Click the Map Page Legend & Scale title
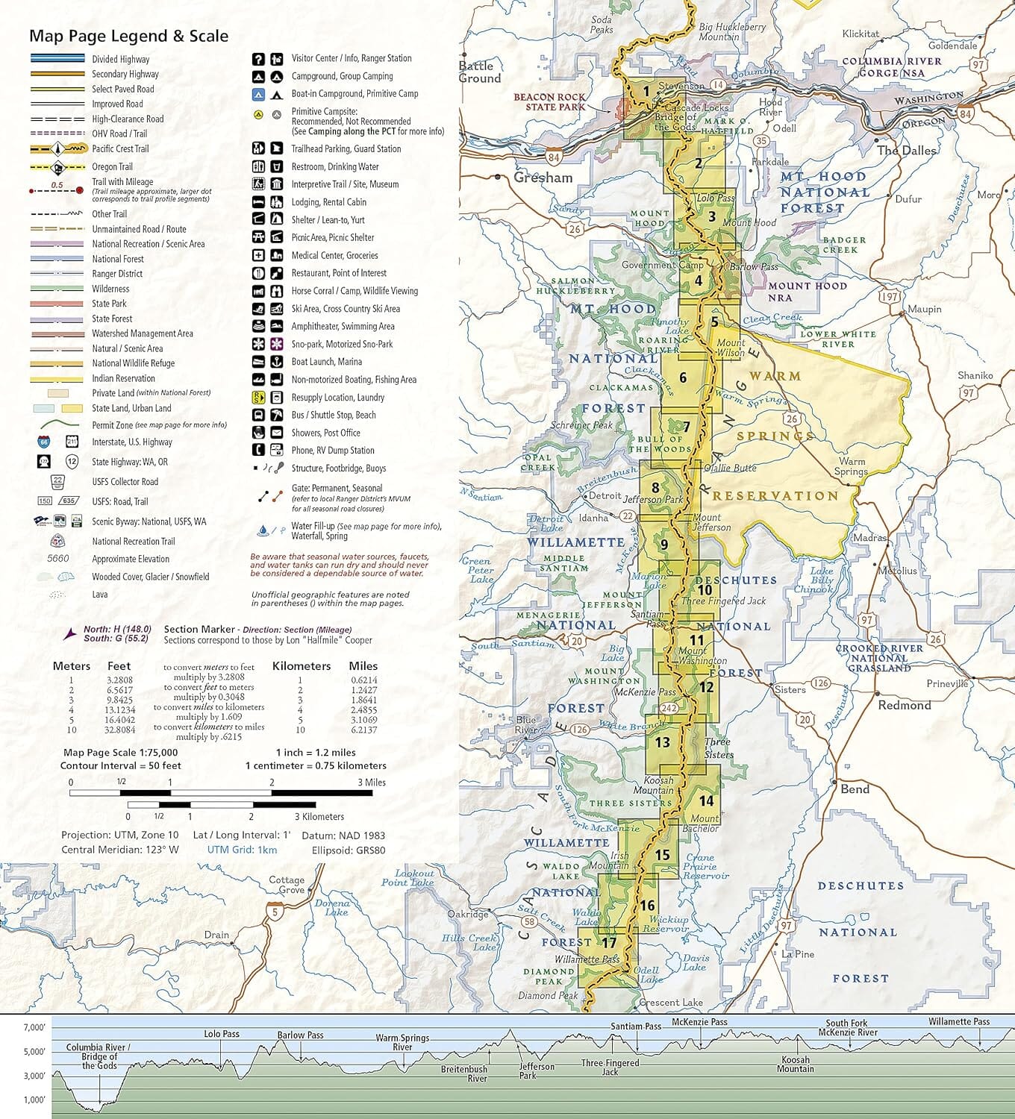(x=128, y=36)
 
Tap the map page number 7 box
(x=686, y=427)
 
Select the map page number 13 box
(x=662, y=742)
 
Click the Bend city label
(x=855, y=789)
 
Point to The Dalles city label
(x=906, y=151)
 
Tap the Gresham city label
(x=543, y=178)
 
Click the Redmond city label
(x=904, y=705)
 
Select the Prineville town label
(x=946, y=683)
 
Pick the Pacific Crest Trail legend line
(x=57, y=148)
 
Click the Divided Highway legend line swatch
(x=57, y=59)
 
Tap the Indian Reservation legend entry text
(x=123, y=378)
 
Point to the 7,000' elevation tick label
(x=34, y=1028)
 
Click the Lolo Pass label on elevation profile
(x=222, y=1034)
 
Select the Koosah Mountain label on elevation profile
(x=795, y=1064)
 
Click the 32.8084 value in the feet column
(x=119, y=730)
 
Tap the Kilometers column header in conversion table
(x=301, y=666)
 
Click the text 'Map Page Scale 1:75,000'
(x=120, y=753)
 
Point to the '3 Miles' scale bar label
(x=371, y=782)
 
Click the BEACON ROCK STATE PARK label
(x=549, y=101)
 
